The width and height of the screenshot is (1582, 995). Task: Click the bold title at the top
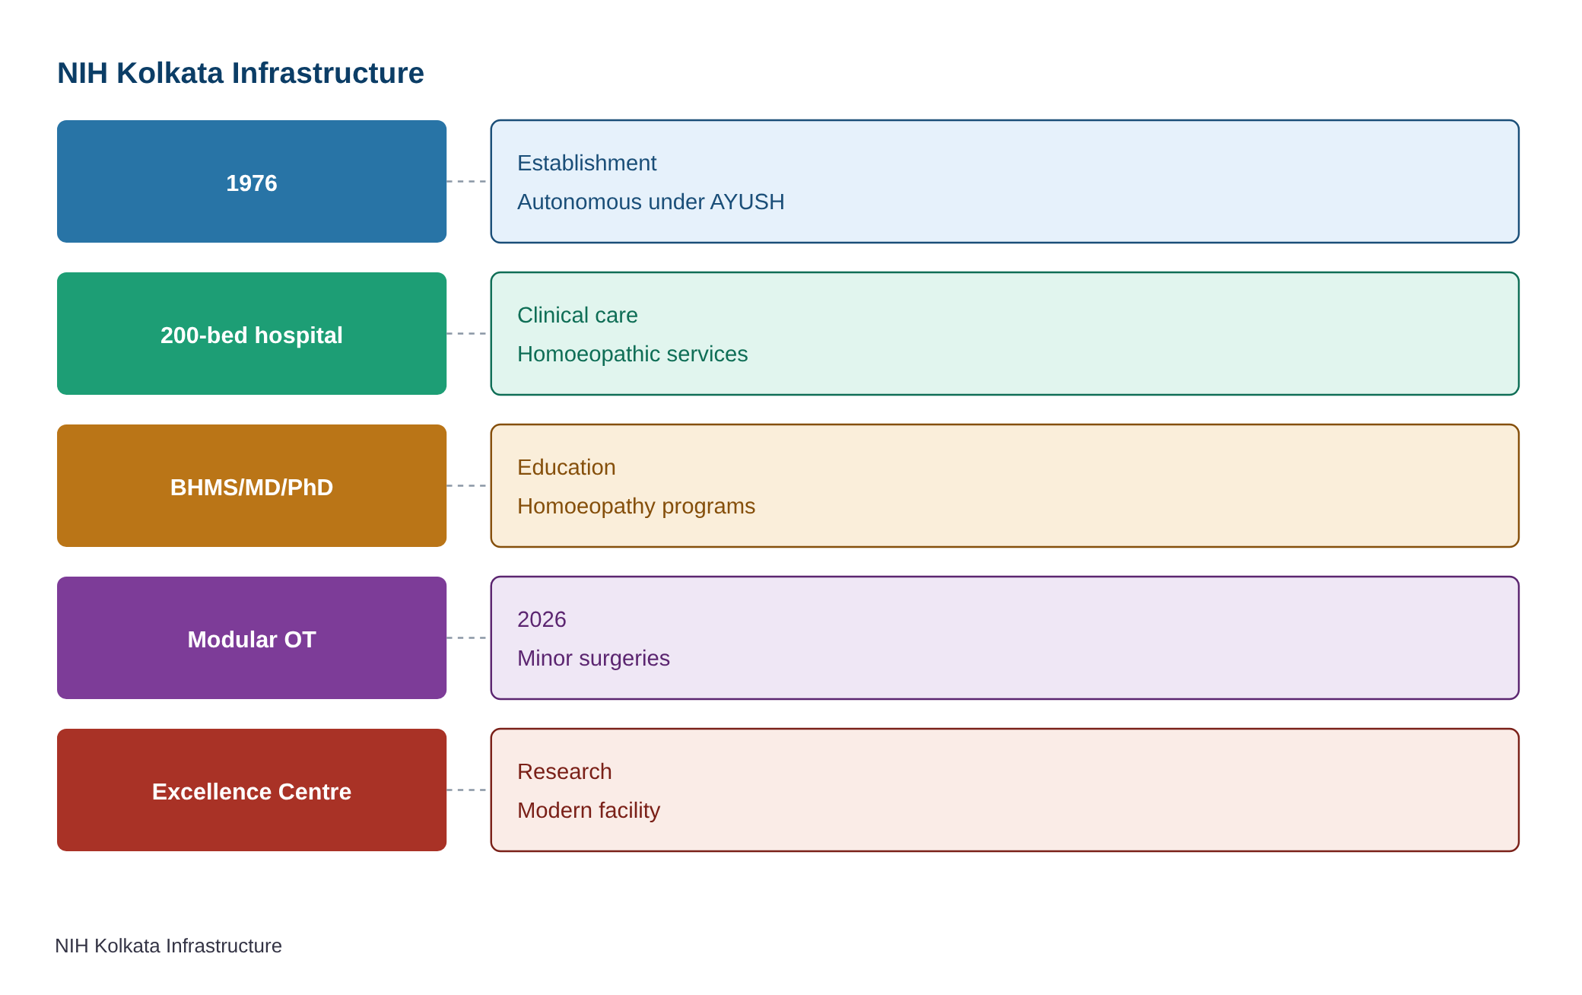click(240, 73)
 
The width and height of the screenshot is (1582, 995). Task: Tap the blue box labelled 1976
click(252, 181)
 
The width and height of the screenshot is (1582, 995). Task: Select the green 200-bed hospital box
click(252, 333)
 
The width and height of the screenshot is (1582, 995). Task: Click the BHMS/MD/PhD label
click(252, 487)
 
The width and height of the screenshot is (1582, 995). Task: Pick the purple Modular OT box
click(252, 637)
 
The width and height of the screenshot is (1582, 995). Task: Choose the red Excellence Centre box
click(252, 790)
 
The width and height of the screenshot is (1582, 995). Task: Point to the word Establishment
click(586, 163)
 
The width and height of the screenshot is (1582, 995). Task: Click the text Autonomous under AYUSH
click(650, 202)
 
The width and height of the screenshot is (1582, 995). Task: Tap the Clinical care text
click(577, 315)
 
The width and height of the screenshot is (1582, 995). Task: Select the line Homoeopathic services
click(632, 354)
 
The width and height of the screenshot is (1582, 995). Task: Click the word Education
click(566, 467)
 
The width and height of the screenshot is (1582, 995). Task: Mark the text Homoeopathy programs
click(636, 506)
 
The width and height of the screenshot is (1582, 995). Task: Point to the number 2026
click(542, 619)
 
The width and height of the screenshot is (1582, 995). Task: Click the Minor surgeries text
click(593, 658)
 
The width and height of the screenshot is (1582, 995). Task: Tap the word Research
click(564, 771)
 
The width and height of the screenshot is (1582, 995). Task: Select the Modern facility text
click(589, 810)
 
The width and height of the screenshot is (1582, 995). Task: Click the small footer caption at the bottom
click(168, 946)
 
